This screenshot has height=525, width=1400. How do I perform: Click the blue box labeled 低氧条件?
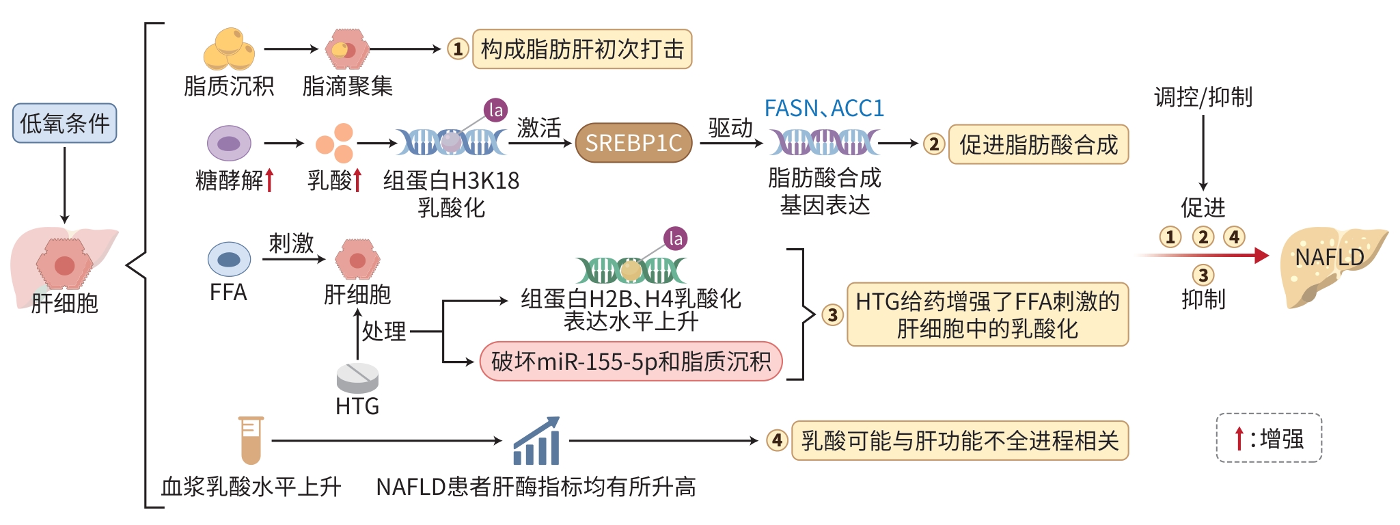tap(64, 123)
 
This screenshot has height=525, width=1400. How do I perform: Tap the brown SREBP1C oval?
tap(633, 143)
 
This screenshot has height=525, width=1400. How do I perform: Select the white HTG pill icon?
tap(357, 377)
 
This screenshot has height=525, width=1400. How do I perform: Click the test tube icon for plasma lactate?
tap(251, 440)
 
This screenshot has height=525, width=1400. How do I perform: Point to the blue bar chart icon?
tap(536, 441)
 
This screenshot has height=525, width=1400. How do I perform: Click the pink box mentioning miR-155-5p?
tap(631, 361)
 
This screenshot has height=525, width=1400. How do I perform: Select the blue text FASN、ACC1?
tap(824, 108)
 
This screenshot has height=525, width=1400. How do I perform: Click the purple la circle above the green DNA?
tap(675, 239)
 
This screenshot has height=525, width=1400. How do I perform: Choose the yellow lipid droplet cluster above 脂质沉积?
tap(230, 49)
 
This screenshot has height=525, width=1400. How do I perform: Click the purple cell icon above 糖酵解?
tap(229, 144)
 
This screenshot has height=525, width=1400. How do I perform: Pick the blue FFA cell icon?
tap(229, 259)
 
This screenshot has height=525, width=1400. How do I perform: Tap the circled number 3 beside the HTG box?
tap(832, 315)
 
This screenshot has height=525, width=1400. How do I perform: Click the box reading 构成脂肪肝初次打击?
tap(582, 49)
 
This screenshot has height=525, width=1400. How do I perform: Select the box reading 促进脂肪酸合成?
tap(1038, 144)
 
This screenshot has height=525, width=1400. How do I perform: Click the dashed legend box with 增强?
tap(1269, 438)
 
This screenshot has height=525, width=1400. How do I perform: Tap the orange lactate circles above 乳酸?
tap(335, 143)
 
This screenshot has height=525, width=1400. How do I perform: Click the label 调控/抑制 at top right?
tap(1203, 97)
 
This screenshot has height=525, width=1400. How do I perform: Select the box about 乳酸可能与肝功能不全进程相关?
tap(959, 441)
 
